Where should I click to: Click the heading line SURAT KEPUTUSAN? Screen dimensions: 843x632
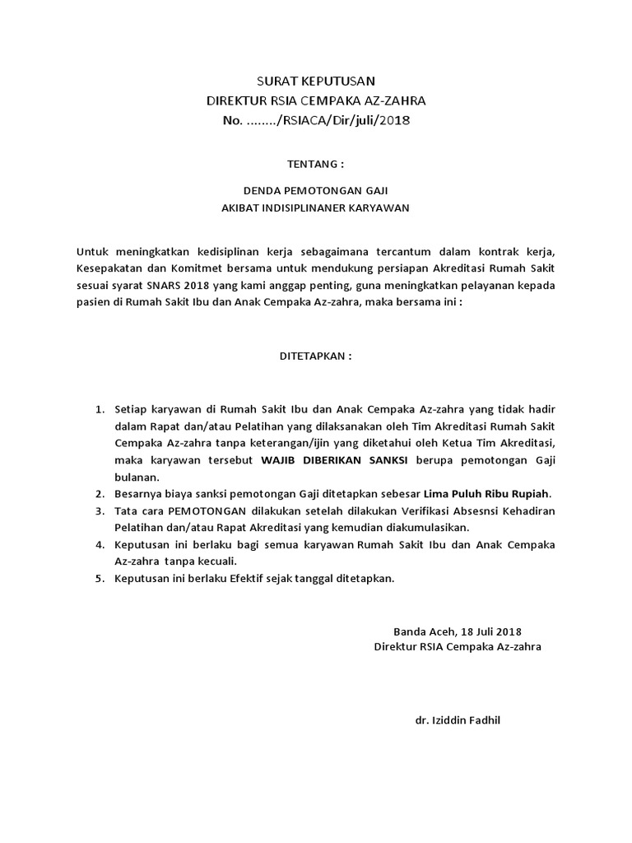(x=316, y=81)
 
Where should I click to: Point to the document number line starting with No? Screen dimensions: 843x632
(x=316, y=121)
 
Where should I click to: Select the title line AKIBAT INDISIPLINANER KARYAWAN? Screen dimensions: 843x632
(x=315, y=208)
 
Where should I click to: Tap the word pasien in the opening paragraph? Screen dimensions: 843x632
(x=94, y=303)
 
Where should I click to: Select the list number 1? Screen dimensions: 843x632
(x=99, y=408)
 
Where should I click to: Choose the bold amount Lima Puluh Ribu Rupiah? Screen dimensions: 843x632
(x=486, y=494)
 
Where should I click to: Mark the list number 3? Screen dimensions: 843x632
(x=99, y=511)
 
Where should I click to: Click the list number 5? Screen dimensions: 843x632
(x=99, y=578)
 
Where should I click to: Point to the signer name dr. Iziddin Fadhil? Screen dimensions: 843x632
(x=458, y=720)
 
